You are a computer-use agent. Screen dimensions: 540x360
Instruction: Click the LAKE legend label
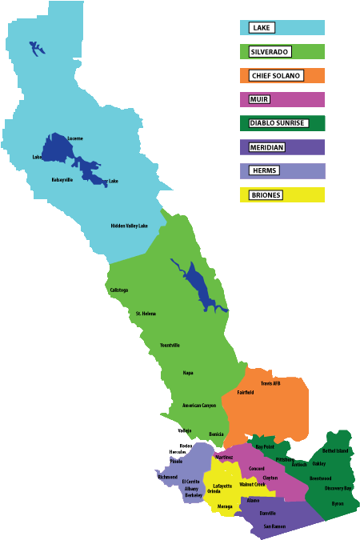(x=261, y=27)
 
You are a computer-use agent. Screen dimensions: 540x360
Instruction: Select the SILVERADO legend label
(x=269, y=51)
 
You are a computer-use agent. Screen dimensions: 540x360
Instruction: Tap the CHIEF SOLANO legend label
(x=275, y=75)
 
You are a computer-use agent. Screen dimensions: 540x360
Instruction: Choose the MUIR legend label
(x=258, y=99)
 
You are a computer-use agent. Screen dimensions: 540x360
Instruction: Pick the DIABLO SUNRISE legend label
(x=277, y=123)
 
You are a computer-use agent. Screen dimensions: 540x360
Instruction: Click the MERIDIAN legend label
(x=266, y=147)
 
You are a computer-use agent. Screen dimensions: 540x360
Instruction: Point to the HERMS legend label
(x=263, y=170)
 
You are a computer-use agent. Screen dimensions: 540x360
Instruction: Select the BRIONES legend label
(x=266, y=194)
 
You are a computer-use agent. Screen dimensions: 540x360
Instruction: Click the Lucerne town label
(x=75, y=138)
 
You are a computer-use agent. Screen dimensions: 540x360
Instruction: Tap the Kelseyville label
(x=62, y=180)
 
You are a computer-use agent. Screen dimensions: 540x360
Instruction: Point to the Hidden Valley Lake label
(x=129, y=226)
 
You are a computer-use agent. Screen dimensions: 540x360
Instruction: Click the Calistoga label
(x=119, y=290)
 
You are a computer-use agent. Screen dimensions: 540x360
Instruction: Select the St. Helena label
(x=145, y=314)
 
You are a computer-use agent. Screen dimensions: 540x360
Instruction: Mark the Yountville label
(x=170, y=345)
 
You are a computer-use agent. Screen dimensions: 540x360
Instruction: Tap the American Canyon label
(x=199, y=405)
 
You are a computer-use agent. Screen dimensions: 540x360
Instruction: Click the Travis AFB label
(x=270, y=383)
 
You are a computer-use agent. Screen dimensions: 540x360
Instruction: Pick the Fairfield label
(x=246, y=392)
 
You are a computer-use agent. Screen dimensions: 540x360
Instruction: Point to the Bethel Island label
(x=335, y=451)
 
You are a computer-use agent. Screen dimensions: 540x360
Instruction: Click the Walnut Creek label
(x=252, y=484)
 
